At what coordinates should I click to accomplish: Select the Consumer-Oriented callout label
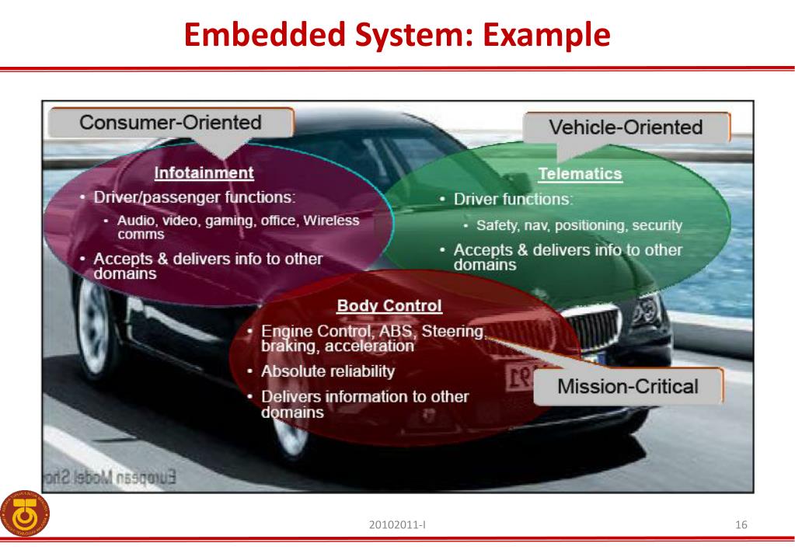tap(170, 123)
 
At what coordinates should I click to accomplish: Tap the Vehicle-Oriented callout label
tap(625, 127)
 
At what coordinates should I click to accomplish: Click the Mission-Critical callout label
tap(627, 385)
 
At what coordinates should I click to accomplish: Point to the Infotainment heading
tap(204, 172)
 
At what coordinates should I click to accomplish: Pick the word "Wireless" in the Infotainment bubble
tap(331, 221)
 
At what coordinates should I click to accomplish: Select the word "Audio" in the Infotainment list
tap(134, 221)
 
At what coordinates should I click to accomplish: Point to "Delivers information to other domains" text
tap(364, 404)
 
